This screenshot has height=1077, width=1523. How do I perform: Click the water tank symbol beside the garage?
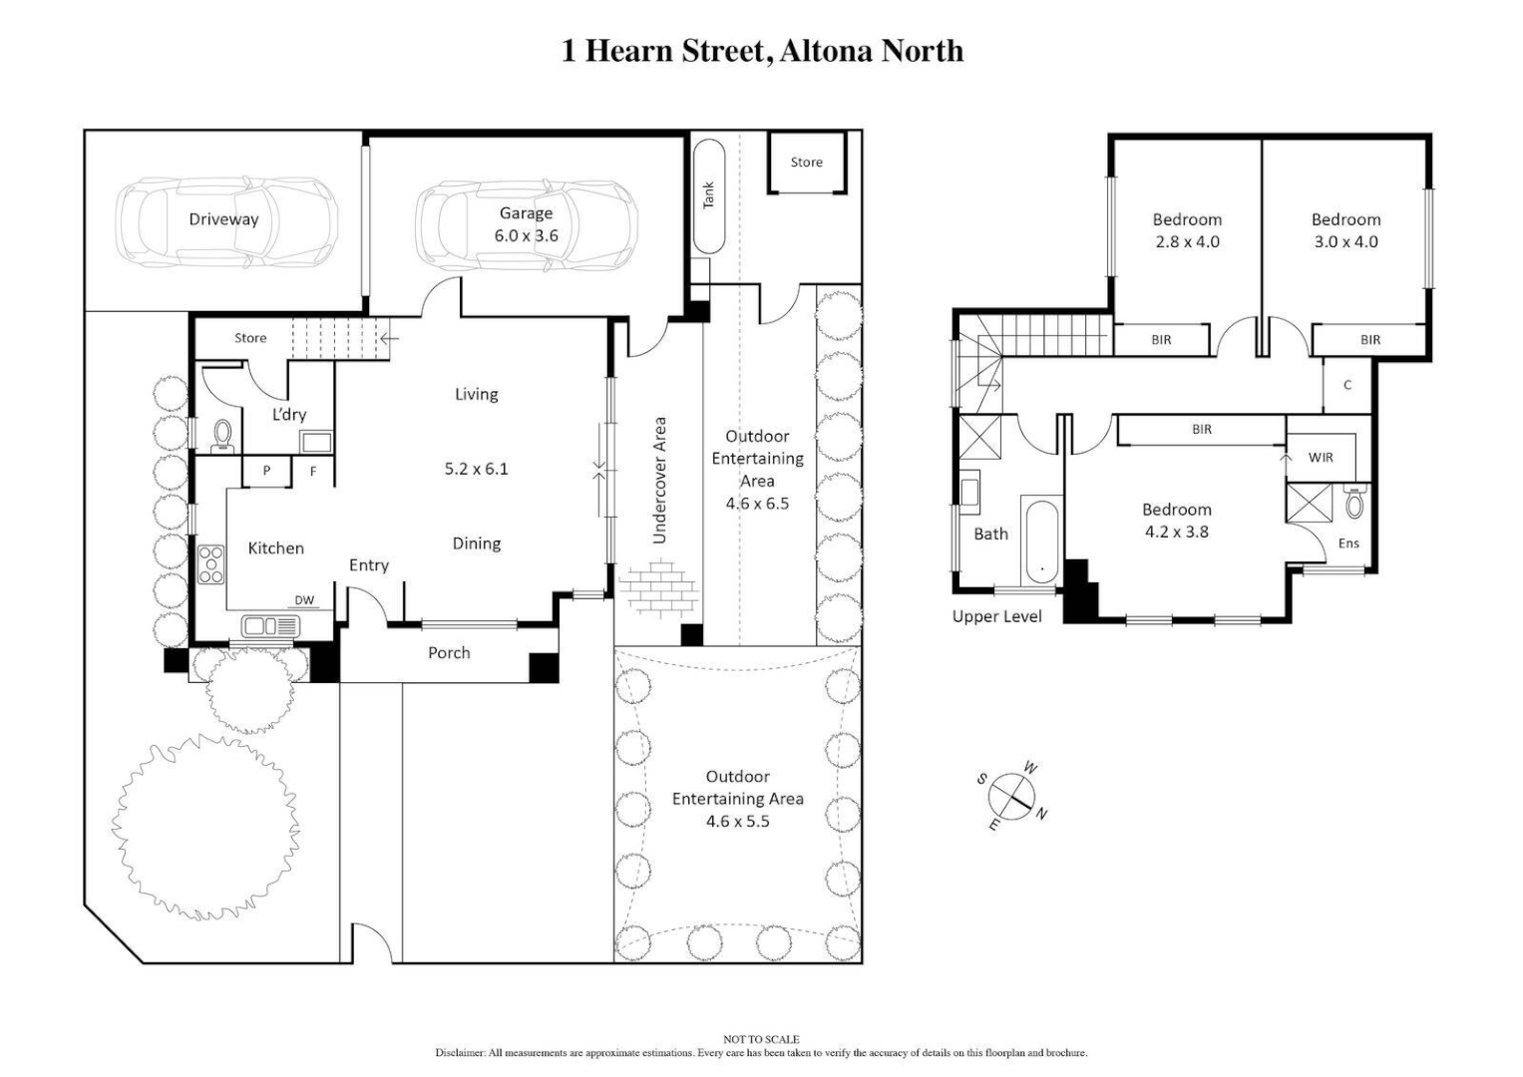pos(709,196)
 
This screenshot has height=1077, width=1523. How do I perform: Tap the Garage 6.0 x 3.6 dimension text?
pos(527,236)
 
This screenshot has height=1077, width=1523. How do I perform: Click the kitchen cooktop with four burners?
pos(211,564)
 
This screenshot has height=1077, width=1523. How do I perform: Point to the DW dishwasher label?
pos(304,600)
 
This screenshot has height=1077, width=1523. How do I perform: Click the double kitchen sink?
pos(270,626)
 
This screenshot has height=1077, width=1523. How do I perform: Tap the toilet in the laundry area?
pos(223,435)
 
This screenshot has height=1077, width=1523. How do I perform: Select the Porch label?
pos(449,652)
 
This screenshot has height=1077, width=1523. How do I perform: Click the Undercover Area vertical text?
pos(658,481)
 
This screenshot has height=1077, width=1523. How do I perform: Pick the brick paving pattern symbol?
pos(655,587)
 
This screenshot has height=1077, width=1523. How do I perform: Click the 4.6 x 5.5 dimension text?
pos(737,822)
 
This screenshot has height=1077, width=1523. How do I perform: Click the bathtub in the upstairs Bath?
pos(1041,539)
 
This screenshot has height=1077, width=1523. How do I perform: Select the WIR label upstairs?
pos(1321,458)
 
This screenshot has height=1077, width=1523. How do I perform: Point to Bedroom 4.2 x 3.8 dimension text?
pos(1177,533)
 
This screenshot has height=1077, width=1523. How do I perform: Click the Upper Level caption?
pos(996,616)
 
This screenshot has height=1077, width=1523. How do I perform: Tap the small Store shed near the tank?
pos(806,163)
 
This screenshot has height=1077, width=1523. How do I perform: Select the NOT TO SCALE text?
pos(761,1039)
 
